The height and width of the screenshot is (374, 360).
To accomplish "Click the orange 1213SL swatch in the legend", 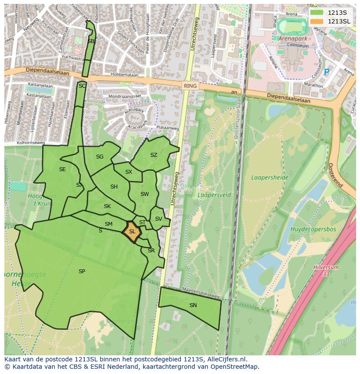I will pyautogui.click(x=317, y=21).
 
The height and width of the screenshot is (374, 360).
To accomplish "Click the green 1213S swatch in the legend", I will pyautogui.click(x=317, y=12).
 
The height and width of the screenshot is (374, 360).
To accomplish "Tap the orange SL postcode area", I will pyautogui.click(x=132, y=231).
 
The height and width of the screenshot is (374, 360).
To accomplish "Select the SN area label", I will pyautogui.click(x=193, y=305).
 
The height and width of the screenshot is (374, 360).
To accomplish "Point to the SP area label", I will pyautogui.click(x=82, y=271).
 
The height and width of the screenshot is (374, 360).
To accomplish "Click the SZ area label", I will pyautogui.click(x=154, y=155).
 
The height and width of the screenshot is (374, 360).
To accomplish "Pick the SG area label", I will pyautogui.click(x=100, y=157).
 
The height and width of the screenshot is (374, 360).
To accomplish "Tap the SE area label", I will pyautogui.click(x=62, y=169).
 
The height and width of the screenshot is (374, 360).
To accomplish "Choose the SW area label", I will pyautogui.click(x=144, y=194).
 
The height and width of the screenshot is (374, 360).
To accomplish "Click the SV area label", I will pyautogui.click(x=158, y=219).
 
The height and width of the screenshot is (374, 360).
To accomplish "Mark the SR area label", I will pyautogui.click(x=151, y=251).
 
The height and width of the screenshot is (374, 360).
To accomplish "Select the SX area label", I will pyautogui.click(x=128, y=172).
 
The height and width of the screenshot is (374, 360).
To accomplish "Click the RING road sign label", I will pyautogui.click(x=190, y=86).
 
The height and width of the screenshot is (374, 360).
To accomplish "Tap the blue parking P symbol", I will pyautogui.click(x=327, y=73).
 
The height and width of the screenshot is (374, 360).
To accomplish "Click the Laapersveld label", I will pyautogui.click(x=214, y=195).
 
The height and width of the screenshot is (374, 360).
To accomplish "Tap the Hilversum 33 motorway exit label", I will pyautogui.click(x=326, y=271).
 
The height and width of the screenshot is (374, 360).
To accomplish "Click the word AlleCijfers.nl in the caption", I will pyautogui.click(x=226, y=359).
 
